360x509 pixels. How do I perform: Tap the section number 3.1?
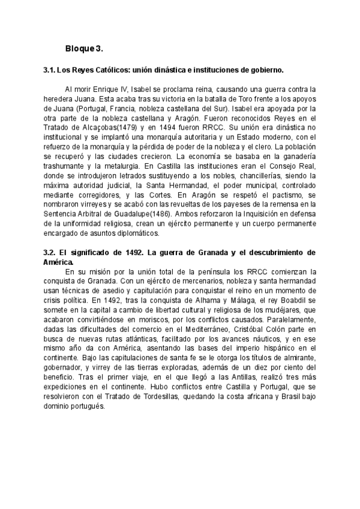(50, 70)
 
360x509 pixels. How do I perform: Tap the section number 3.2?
(50, 253)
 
